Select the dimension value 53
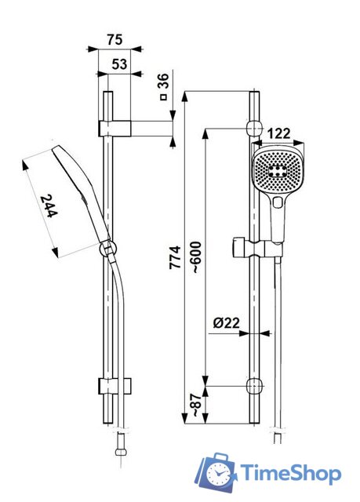click(x=119, y=64)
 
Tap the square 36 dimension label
click(x=163, y=86)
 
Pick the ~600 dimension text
click(x=195, y=255)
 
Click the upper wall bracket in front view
click(x=253, y=128)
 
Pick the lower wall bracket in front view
click(x=253, y=386)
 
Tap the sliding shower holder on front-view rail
click(x=254, y=248)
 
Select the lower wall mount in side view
click(x=115, y=386)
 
